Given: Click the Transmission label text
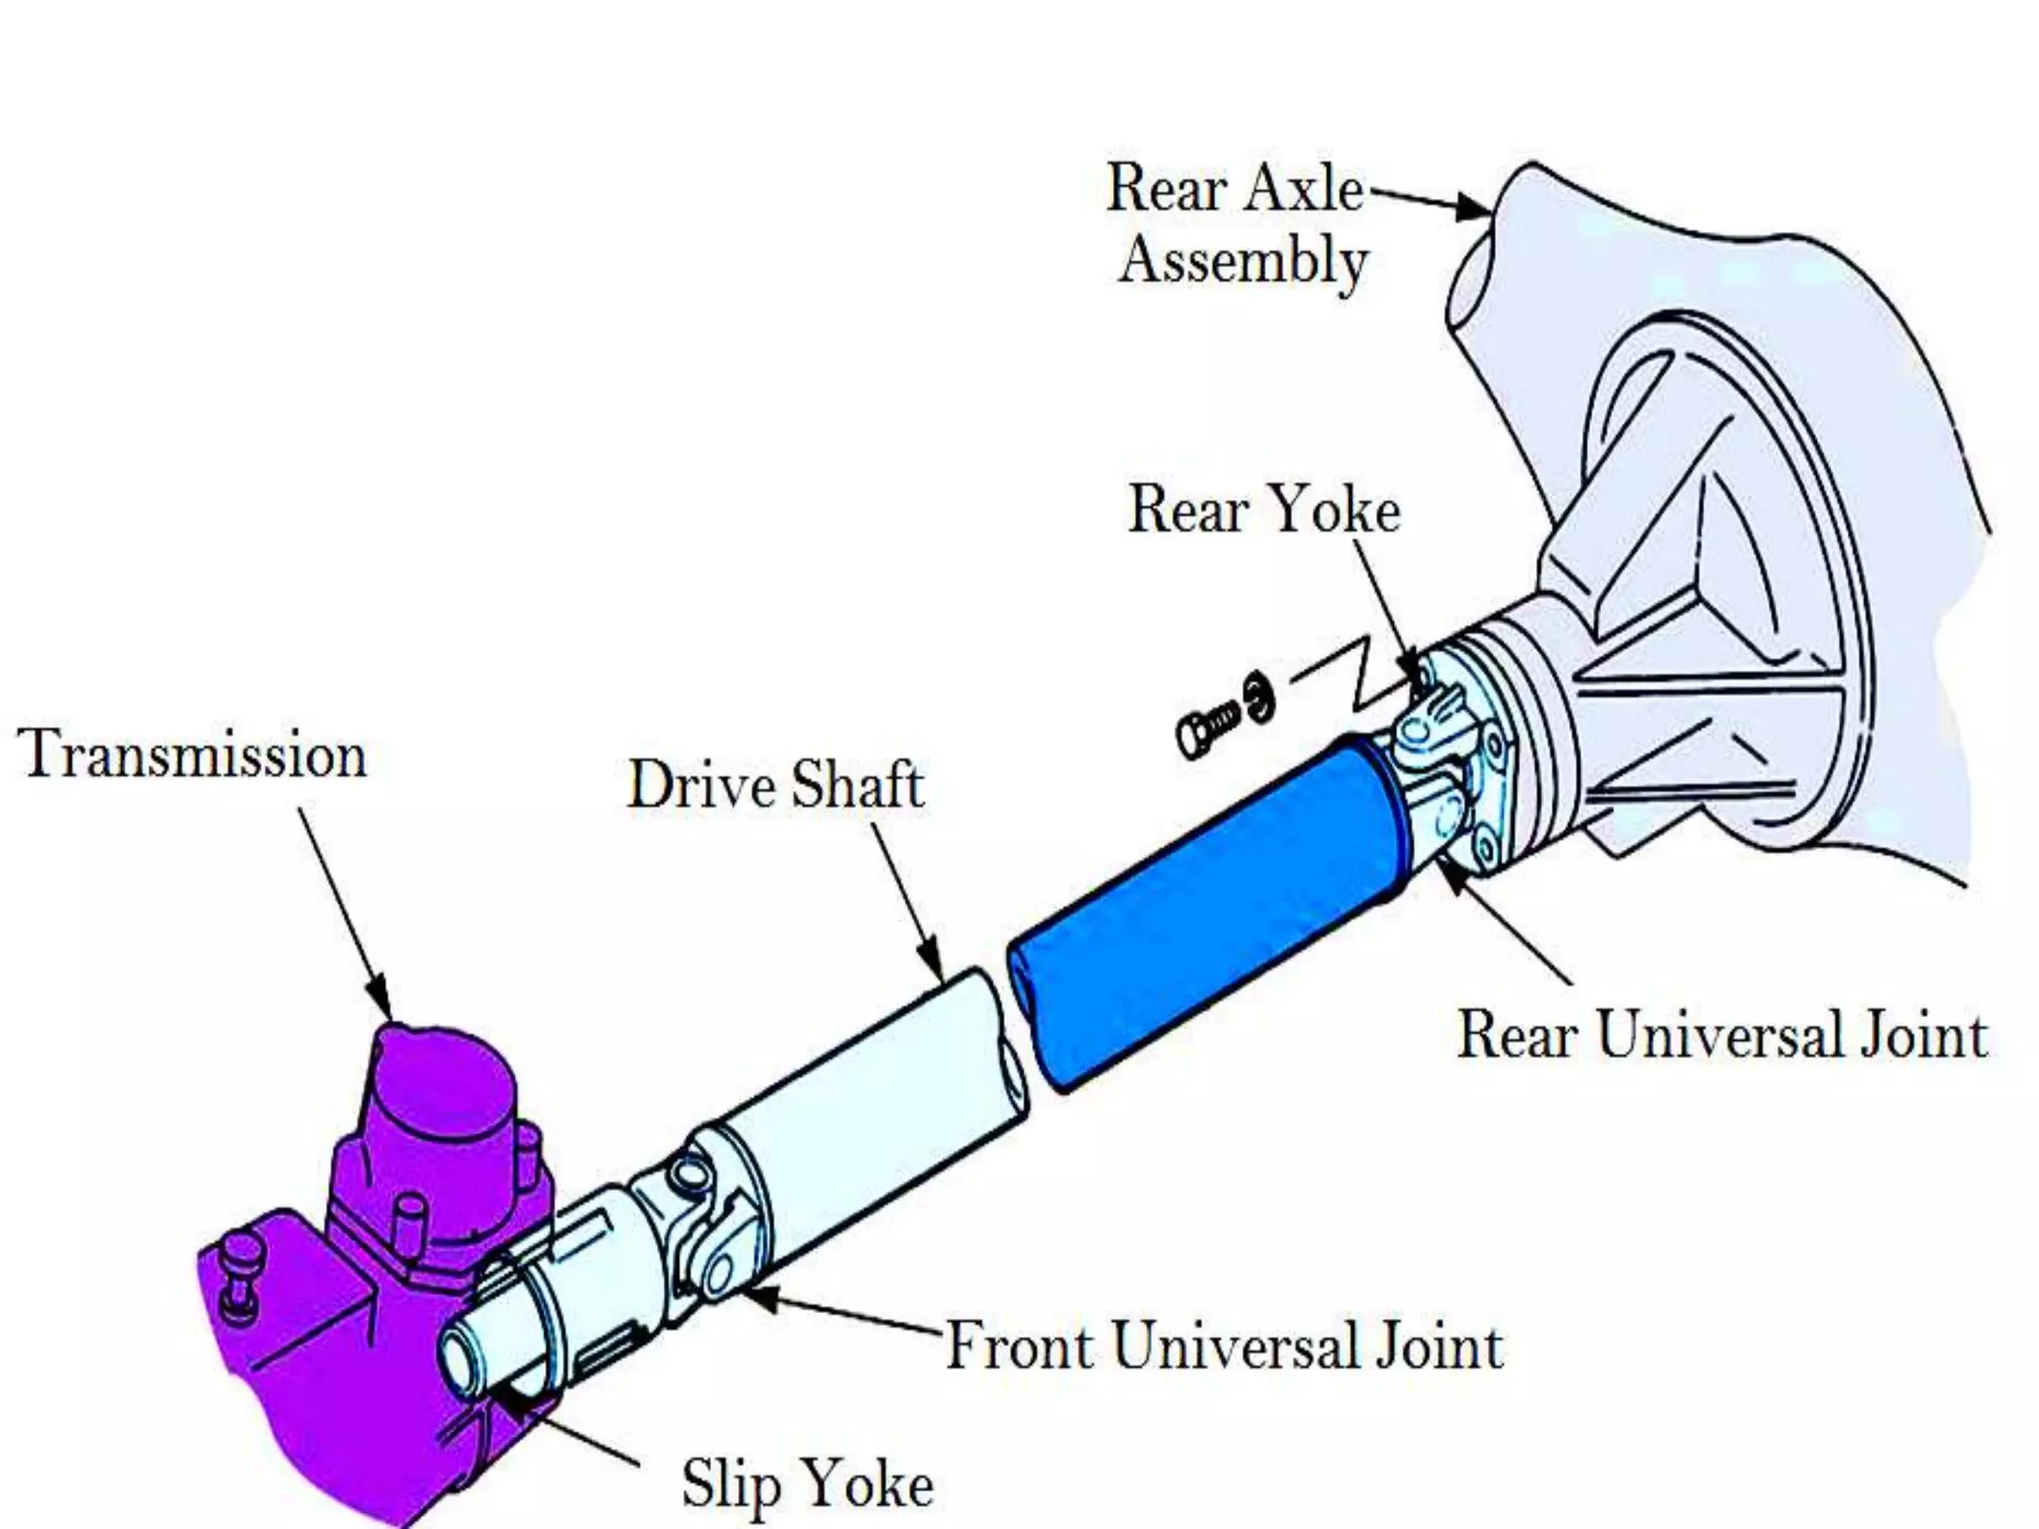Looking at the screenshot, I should click(x=192, y=755).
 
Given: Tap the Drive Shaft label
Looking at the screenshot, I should click(x=776, y=785).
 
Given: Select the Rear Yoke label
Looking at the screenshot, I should click(x=1263, y=511).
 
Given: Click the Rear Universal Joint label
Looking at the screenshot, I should click(x=1722, y=1034).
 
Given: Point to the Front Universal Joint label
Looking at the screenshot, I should click(x=1224, y=1346).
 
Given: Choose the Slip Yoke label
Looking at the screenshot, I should click(x=807, y=1484).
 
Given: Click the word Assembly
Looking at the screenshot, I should click(x=1244, y=261).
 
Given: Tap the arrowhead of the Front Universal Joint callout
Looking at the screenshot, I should click(x=759, y=1297).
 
